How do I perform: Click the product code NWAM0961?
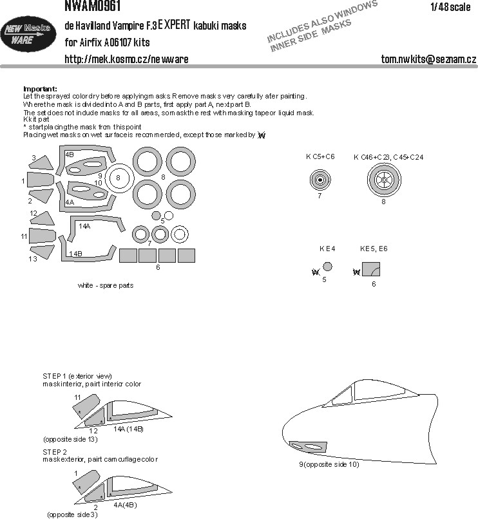(x=91, y=6)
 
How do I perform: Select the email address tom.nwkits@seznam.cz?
(x=428, y=59)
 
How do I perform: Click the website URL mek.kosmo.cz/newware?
(x=126, y=59)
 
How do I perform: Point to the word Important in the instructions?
(x=39, y=89)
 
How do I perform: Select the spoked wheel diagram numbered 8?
(x=383, y=179)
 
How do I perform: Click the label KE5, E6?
(x=374, y=248)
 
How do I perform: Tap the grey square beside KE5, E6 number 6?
(x=370, y=270)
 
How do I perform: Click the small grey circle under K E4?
(x=328, y=266)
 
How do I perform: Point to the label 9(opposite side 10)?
(x=329, y=464)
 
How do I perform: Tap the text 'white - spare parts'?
(x=105, y=285)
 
